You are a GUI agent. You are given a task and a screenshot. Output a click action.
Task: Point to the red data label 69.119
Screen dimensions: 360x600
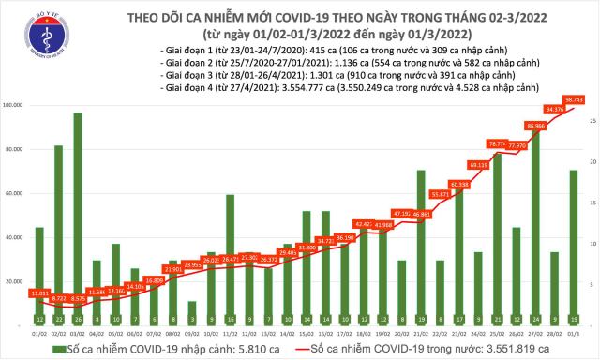[x=478, y=165]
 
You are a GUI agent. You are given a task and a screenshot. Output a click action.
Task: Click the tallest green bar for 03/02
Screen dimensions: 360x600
[x=78, y=216]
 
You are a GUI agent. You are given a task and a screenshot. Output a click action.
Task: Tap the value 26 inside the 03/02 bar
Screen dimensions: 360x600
[x=78, y=319]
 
